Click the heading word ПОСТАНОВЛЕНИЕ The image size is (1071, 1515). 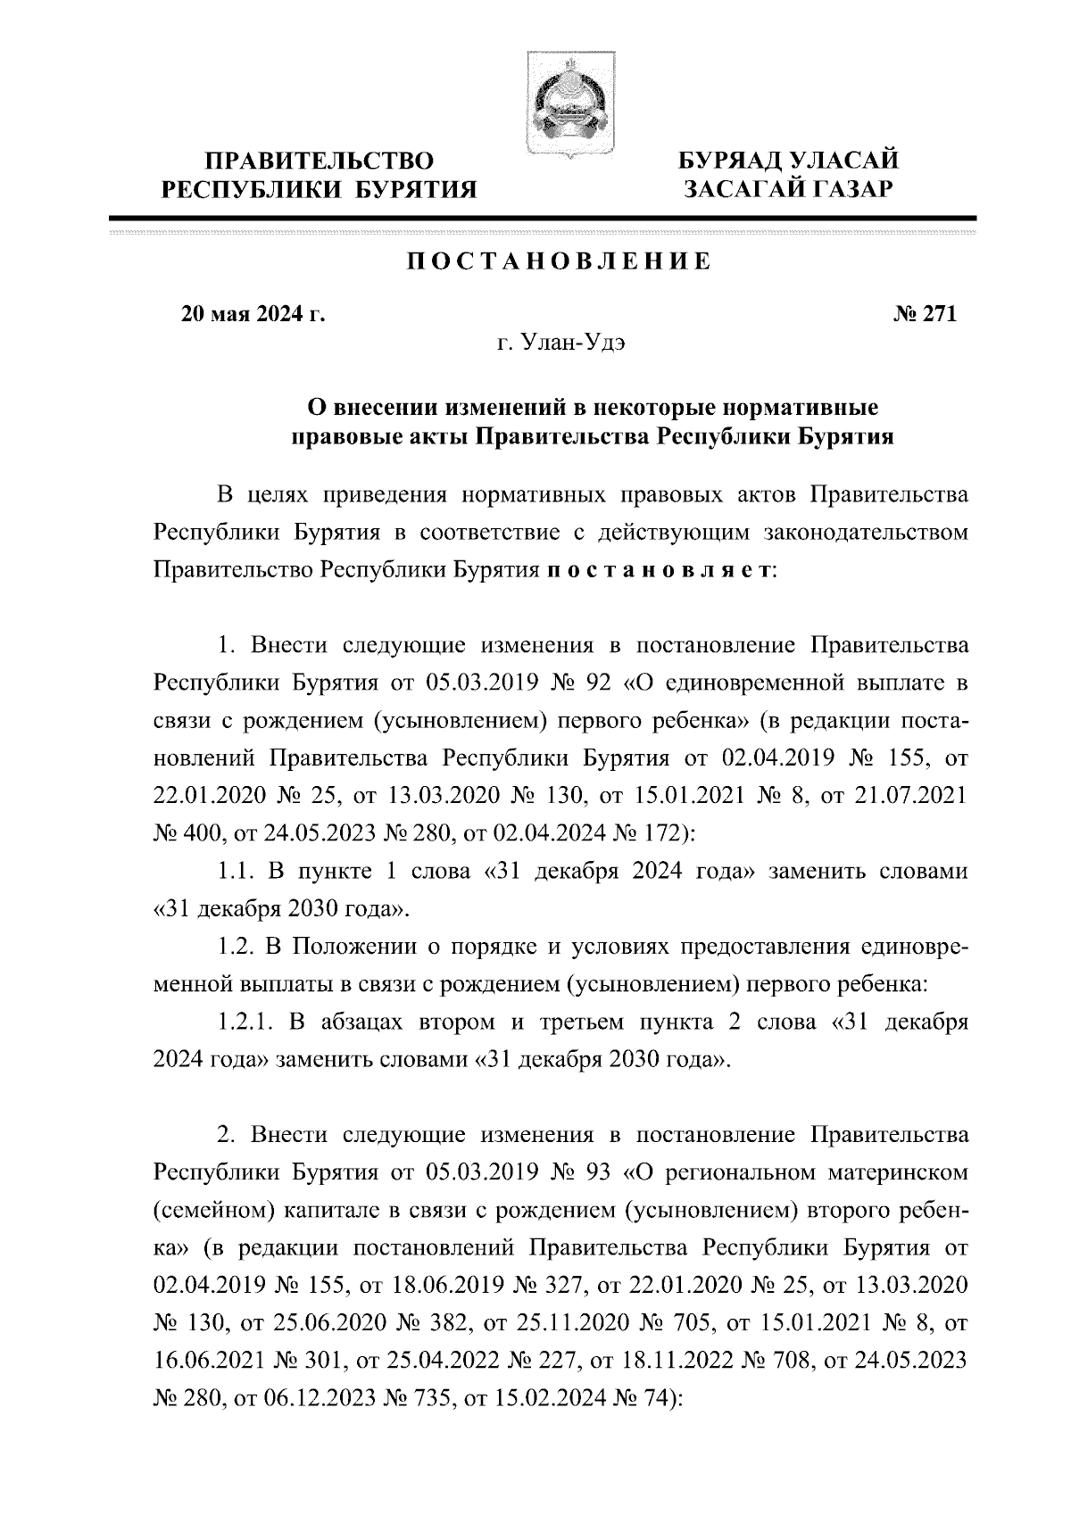(560, 261)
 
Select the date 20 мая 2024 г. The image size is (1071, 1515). (253, 315)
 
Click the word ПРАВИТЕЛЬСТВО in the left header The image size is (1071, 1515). (320, 161)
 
